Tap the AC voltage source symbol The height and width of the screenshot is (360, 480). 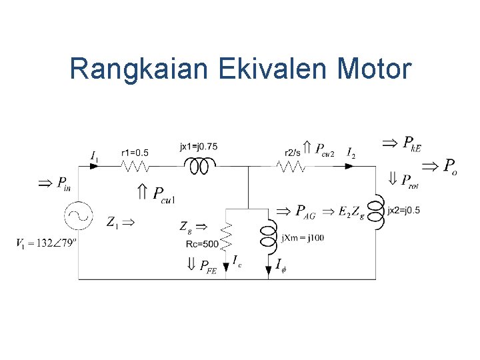tap(79, 215)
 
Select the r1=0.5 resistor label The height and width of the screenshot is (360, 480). tap(135, 153)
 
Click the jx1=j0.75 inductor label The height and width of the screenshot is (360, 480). tap(199, 146)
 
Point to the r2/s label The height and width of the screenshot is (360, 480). tap(292, 152)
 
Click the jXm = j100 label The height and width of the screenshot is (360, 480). tap(302, 237)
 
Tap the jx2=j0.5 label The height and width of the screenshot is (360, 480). tap(404, 211)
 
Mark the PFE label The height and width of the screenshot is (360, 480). tap(209, 266)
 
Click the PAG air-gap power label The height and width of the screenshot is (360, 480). tap(306, 212)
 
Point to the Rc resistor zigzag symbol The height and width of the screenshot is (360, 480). tap(227, 233)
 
